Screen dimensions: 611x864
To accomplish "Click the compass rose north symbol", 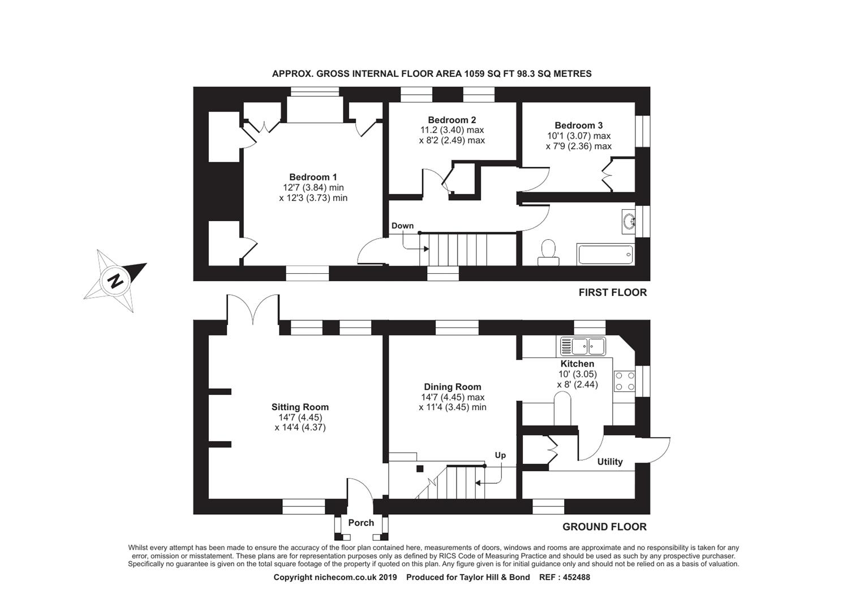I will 115,280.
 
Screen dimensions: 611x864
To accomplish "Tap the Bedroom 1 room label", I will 313,177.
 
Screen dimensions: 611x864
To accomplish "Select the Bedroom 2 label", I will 452,120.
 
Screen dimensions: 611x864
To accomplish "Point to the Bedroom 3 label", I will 578,126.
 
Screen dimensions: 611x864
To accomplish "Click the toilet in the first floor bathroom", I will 548,252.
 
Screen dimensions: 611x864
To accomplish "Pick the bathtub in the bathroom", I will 605,255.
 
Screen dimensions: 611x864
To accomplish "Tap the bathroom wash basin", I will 627,221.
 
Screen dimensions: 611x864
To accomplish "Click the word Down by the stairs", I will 402,226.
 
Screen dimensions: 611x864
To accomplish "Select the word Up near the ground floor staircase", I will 500,455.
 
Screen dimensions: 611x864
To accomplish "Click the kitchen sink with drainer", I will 583,346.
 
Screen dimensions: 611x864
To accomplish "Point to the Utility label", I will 610,462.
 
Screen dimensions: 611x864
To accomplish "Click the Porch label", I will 361,523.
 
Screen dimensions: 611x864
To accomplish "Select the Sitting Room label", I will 300,407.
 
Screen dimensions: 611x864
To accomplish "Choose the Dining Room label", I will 453,387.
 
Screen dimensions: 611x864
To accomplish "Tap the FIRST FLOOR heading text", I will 612,292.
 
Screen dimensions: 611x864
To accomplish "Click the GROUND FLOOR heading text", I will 604,527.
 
